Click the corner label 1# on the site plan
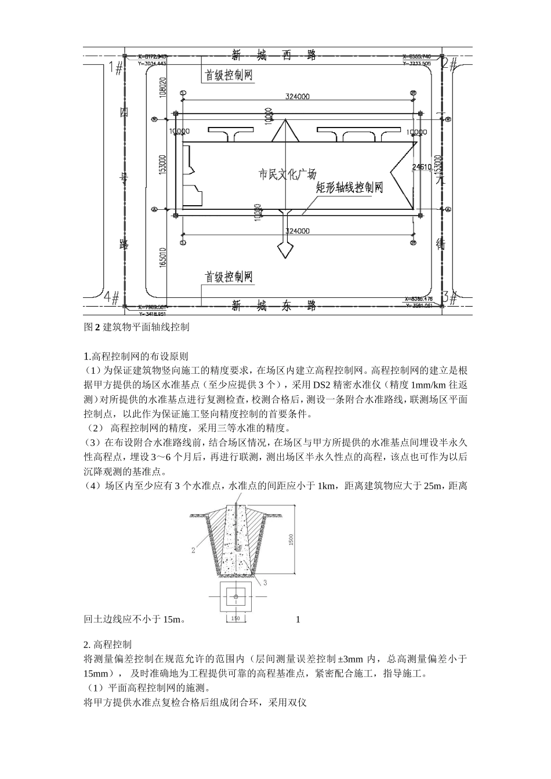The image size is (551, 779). (115, 67)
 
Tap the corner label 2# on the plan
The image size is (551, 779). (450, 63)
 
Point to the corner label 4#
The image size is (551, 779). (111, 297)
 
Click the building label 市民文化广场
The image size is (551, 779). (287, 174)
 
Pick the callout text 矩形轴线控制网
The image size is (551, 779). (349, 188)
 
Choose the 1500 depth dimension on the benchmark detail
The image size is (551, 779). (291, 539)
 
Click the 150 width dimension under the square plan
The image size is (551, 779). (235, 619)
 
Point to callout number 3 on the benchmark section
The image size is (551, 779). (265, 581)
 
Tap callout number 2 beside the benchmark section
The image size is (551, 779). (193, 551)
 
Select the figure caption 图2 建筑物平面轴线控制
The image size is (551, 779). (136, 327)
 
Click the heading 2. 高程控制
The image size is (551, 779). (107, 644)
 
